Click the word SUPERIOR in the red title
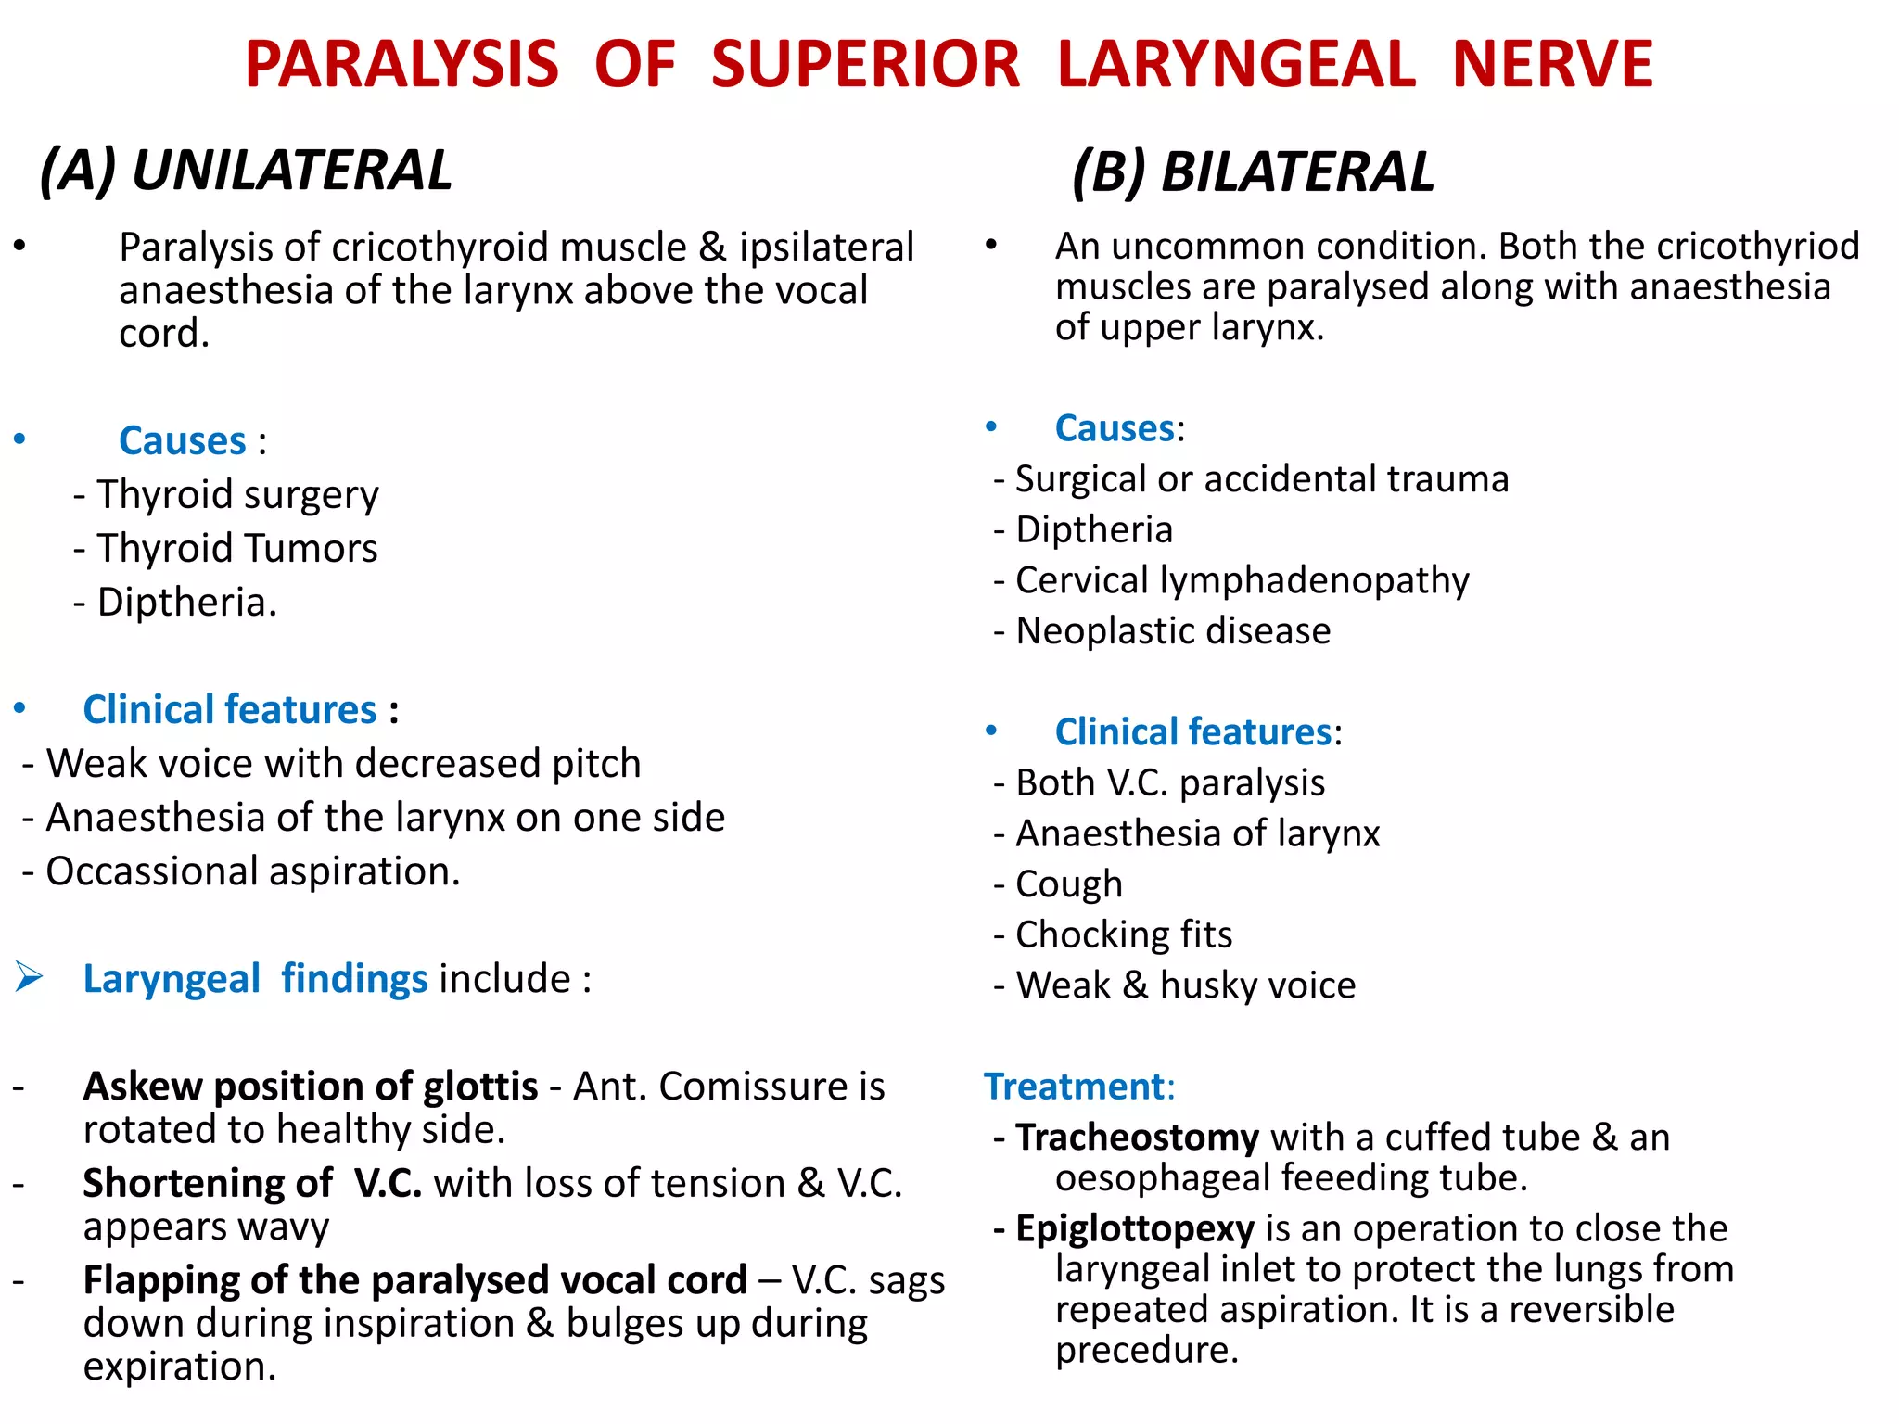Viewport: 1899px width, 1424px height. (x=865, y=65)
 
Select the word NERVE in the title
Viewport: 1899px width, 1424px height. (x=1552, y=65)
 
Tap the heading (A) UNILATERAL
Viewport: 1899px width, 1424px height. (x=246, y=172)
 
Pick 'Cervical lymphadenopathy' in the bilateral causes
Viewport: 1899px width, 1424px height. (x=1242, y=580)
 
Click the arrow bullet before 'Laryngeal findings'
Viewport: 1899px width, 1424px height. (x=29, y=976)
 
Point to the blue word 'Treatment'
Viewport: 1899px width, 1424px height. (x=1075, y=1087)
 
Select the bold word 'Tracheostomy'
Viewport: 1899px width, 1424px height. (x=1137, y=1138)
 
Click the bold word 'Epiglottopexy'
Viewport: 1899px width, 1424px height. (x=1135, y=1229)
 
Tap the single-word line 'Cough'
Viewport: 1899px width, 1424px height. (x=1069, y=884)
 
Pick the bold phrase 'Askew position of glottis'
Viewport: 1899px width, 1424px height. (x=311, y=1087)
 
